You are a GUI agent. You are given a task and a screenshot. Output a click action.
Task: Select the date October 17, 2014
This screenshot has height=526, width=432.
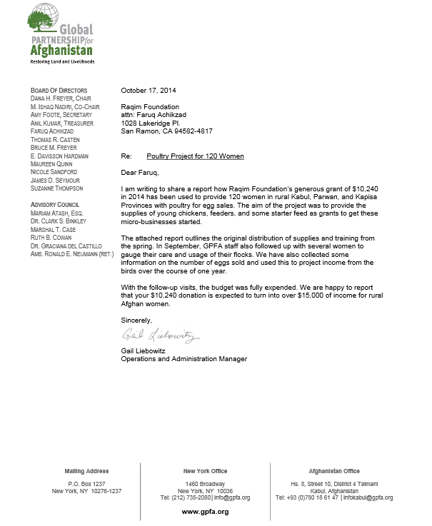(149, 90)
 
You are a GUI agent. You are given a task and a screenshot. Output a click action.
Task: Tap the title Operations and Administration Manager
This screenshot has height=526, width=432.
(184, 359)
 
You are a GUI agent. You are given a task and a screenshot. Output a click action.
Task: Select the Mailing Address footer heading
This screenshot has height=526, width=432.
(86, 472)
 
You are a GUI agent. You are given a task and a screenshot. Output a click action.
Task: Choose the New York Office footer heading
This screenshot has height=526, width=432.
(205, 472)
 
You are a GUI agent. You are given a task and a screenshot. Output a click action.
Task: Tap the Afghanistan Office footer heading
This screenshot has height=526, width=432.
(334, 472)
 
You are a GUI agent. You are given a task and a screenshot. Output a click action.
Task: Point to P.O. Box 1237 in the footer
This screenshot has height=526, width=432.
(86, 484)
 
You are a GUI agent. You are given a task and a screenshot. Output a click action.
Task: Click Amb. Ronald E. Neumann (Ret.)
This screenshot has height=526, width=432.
(71, 253)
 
